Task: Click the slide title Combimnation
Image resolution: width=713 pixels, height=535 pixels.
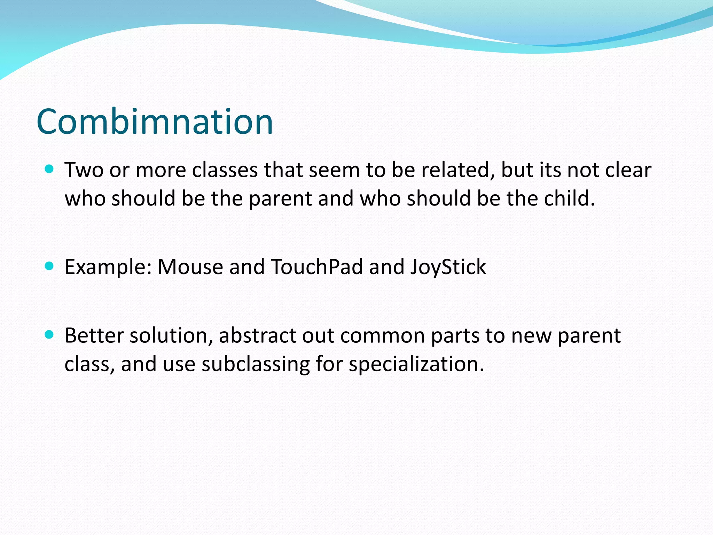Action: tap(155, 122)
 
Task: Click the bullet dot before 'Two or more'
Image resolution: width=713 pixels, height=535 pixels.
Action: tap(49, 170)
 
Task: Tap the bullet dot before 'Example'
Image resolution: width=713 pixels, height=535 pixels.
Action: tap(49, 266)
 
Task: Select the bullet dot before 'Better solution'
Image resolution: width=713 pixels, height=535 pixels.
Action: tap(49, 335)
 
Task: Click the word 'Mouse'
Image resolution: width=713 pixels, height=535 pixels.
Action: tap(190, 267)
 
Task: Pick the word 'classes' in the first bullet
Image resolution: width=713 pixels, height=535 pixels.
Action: tap(225, 171)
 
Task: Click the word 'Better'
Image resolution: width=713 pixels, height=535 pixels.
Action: tap(94, 336)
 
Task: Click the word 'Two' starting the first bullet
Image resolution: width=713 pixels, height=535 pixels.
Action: tap(84, 171)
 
